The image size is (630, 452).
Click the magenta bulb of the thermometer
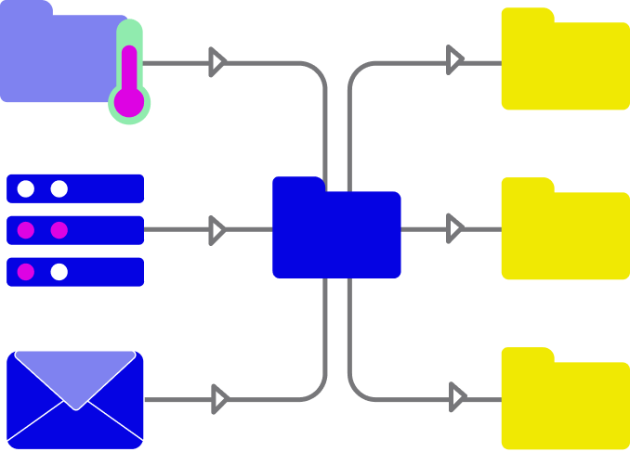129,102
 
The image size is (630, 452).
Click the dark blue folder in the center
336,234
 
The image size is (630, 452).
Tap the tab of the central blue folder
297,184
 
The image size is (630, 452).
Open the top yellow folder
565,65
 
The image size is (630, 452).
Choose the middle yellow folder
565,235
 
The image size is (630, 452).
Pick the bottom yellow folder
565,405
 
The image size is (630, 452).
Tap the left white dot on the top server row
26,189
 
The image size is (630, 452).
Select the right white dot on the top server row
59,189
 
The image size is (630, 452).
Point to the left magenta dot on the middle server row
26,230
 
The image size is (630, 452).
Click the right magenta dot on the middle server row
59,230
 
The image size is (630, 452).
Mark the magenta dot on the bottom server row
26,272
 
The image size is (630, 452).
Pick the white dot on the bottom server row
59,272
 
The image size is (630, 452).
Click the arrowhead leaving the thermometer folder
217,62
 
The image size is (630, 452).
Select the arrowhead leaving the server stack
217,230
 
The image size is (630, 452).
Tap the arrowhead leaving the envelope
219,399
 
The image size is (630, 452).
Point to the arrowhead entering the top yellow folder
454,60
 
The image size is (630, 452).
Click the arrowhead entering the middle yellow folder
454,228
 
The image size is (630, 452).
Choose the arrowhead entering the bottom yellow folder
457,397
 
